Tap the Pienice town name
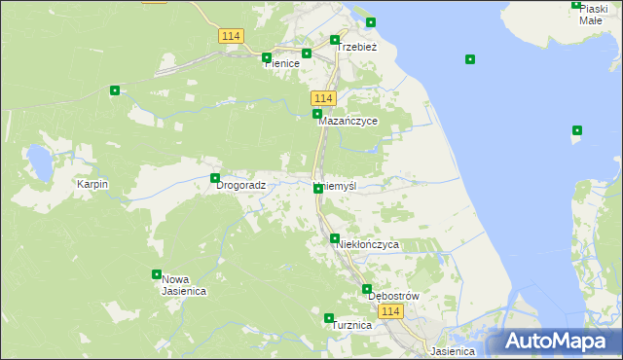(281, 62)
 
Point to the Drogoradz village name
(240, 185)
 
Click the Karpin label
(92, 184)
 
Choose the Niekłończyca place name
(367, 245)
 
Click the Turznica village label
(351, 326)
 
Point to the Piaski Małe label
(593, 14)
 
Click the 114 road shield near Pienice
(230, 36)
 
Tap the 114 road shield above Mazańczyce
(324, 99)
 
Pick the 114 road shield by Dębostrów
(390, 311)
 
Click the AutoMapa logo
(557, 342)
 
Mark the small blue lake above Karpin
(40, 162)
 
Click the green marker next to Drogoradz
(215, 178)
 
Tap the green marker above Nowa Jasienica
(156, 274)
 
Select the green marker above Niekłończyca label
(335, 238)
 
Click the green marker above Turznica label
(329, 318)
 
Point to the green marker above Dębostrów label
(367, 289)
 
